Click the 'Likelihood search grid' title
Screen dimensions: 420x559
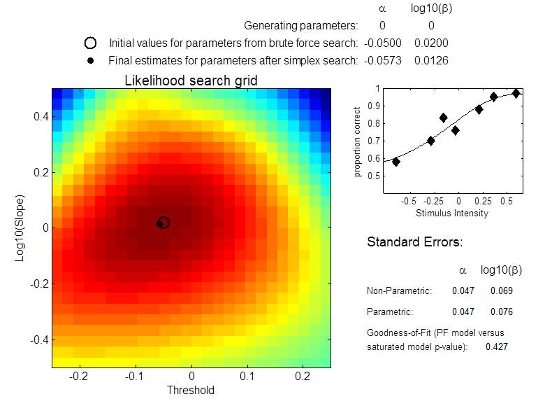(191, 80)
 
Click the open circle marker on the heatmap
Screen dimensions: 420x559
(164, 223)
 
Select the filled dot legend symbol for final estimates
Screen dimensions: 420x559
(90, 61)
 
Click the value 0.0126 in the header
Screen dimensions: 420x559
(431, 61)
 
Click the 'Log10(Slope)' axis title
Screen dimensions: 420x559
(20, 227)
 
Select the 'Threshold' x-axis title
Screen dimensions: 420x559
(190, 390)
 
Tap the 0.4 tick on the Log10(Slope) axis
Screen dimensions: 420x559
(41, 116)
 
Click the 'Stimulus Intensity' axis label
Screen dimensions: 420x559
(451, 213)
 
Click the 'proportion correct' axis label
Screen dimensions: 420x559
(358, 141)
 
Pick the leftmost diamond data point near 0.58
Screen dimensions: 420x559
(396, 162)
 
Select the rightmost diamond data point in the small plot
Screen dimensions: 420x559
(516, 93)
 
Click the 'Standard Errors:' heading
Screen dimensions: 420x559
(414, 243)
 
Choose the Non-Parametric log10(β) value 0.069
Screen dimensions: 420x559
(502, 290)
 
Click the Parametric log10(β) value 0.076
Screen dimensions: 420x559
(502, 311)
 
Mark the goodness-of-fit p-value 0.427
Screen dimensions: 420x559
(496, 346)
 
